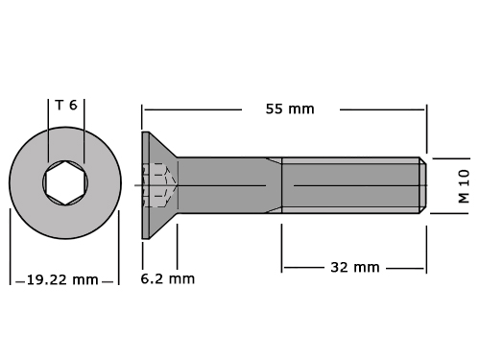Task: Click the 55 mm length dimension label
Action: tap(290, 109)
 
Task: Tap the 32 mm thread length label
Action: tap(355, 267)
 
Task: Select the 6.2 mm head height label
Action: tap(168, 278)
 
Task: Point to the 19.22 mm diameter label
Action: tap(62, 280)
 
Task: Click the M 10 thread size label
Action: tap(464, 186)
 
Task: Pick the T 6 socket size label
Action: tap(66, 105)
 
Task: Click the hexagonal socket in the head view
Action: tap(65, 183)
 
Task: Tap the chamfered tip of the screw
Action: tap(422, 185)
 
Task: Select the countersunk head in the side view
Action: tap(159, 185)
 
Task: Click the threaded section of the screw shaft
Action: tap(350, 185)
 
